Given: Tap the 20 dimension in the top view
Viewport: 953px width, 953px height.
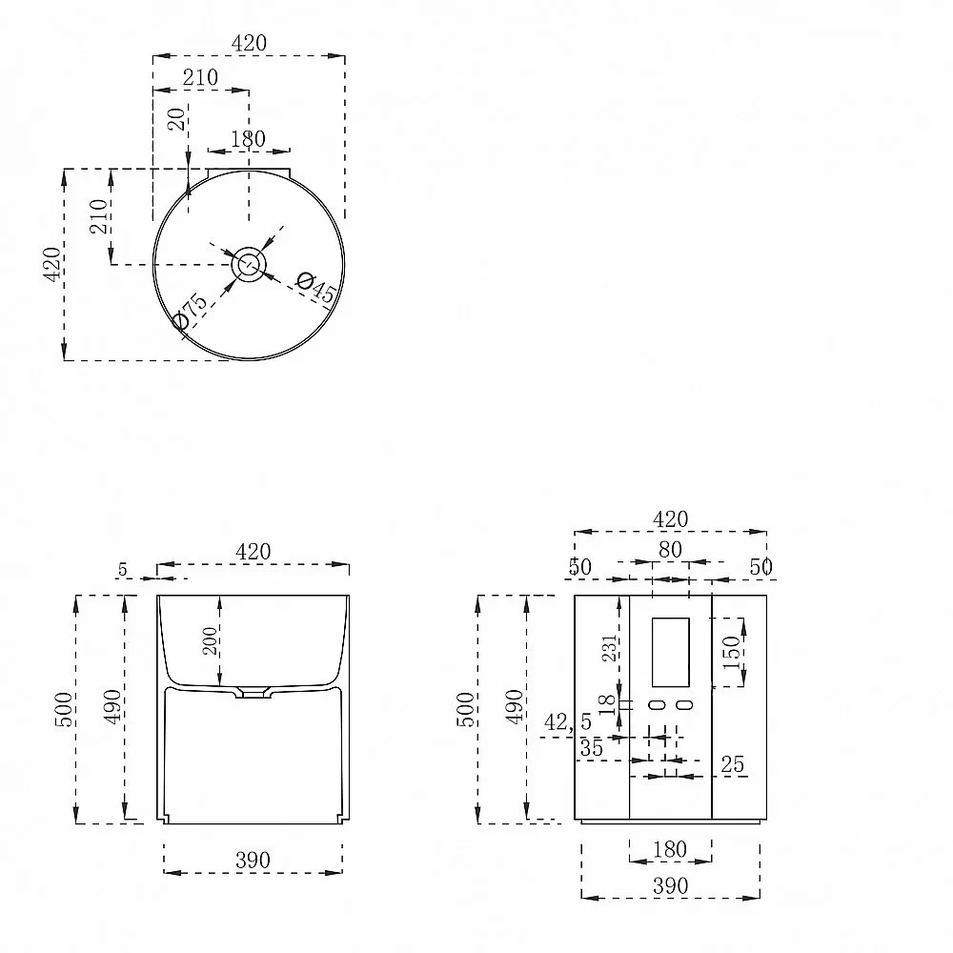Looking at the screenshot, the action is (176, 120).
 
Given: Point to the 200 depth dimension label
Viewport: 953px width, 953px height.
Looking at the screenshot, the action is (210, 640).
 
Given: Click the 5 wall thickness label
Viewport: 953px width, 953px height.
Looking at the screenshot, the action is (123, 570).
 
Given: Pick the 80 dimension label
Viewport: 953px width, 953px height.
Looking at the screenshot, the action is (670, 550).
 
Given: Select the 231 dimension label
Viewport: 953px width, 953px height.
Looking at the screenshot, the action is (610, 648).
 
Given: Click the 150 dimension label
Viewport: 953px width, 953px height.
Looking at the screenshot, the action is (732, 652).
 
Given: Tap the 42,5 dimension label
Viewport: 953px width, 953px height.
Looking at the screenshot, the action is (568, 722).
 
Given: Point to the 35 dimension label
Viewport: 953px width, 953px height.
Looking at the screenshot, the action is (592, 748).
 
